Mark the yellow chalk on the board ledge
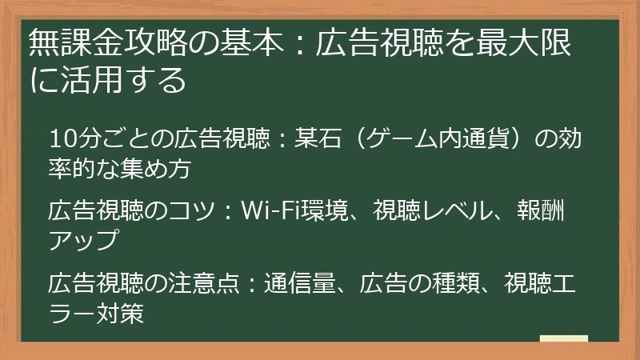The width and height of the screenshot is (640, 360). pyautogui.click(x=563, y=340)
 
